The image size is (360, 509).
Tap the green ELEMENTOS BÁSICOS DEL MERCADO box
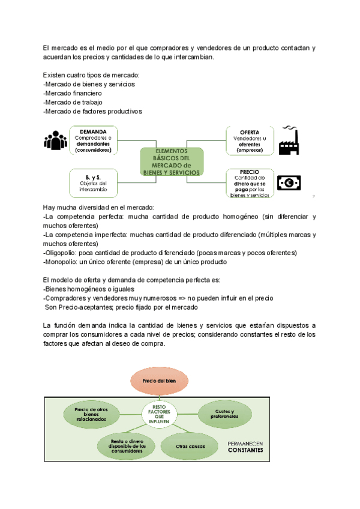pos(171,161)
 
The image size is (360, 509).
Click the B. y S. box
pos(94,182)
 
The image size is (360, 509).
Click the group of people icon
pos(56,140)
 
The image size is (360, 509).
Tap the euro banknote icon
pos(289,182)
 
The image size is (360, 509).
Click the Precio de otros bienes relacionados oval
pos(90,414)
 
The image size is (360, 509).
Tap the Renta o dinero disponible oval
pos(124,446)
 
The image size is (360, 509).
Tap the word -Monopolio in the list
pos(59,262)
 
